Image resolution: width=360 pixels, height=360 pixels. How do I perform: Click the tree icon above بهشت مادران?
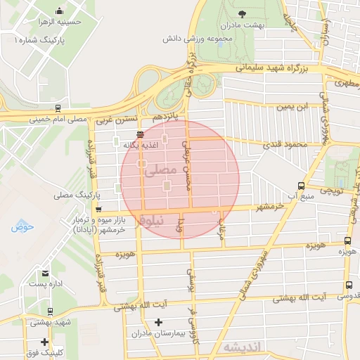click(x=243, y=13)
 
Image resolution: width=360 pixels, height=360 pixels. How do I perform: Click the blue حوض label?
click(x=22, y=226)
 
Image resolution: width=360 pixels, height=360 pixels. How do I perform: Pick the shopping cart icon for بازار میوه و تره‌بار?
click(x=98, y=209)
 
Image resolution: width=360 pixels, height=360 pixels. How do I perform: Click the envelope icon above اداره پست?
click(x=46, y=274)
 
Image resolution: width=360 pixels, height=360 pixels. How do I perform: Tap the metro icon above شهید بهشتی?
click(x=49, y=311)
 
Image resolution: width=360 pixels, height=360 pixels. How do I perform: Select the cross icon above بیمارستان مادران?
click(x=158, y=322)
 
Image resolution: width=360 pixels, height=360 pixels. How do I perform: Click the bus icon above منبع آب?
click(x=301, y=186)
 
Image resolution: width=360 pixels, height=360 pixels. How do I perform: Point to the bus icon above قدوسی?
click(x=349, y=285)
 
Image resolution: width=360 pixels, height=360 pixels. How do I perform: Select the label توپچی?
click(x=331, y=191)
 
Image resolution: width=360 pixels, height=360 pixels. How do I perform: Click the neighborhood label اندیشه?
click(x=242, y=347)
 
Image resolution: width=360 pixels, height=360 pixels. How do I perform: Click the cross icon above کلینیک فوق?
click(x=44, y=342)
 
